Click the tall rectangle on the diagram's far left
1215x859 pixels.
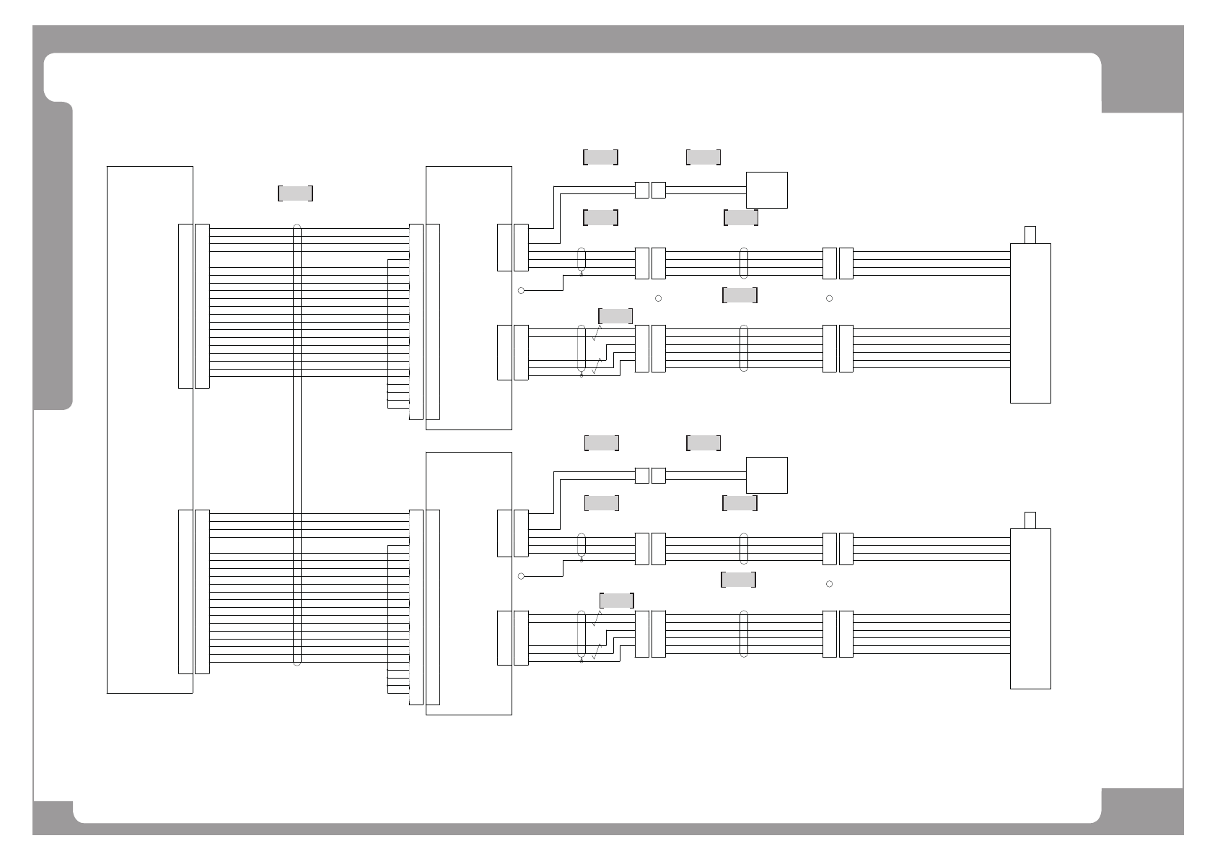(149, 429)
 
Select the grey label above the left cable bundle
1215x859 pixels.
(295, 193)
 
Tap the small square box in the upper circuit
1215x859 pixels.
(766, 190)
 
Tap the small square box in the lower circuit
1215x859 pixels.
(766, 475)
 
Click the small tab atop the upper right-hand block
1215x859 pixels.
(1030, 235)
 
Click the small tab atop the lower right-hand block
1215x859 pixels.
(1030, 520)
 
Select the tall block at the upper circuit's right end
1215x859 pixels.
(1030, 323)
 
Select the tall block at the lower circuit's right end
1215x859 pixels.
(1030, 609)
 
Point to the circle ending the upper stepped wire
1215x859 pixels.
(521, 290)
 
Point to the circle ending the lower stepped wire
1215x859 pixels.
(521, 576)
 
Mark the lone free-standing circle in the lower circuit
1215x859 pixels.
(829, 583)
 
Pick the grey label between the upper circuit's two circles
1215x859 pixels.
(740, 295)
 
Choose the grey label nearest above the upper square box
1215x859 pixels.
(703, 157)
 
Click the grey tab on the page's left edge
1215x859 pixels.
(53, 256)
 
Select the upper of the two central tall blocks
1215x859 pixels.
(469, 297)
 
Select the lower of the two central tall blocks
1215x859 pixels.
(469, 583)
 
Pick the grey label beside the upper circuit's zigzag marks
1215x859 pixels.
(615, 316)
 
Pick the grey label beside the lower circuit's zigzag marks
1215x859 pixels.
(617, 601)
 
